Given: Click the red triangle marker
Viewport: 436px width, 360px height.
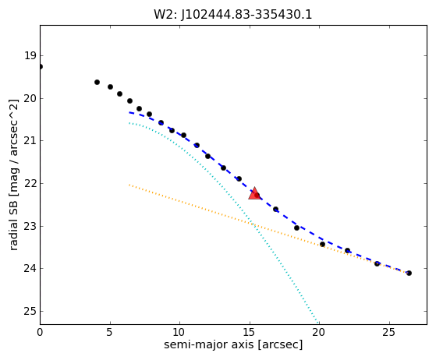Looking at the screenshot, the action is coord(254,193).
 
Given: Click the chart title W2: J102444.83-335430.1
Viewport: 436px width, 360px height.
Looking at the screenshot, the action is coord(233,15).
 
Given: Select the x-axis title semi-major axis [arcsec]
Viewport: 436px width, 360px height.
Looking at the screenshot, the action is coord(233,344).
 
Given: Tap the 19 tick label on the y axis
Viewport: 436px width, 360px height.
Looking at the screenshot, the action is coord(30,55).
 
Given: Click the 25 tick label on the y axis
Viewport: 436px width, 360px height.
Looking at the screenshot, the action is coord(30,311).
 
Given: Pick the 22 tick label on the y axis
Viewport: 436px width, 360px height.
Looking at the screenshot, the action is coord(30,183).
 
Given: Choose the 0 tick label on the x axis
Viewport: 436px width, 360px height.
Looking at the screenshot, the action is coord(40,332).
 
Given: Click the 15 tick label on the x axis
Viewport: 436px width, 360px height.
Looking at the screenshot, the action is coord(250,332).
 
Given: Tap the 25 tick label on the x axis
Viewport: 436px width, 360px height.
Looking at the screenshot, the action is coord(389,332).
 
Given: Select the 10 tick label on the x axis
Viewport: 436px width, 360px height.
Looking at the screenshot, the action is coord(179,332).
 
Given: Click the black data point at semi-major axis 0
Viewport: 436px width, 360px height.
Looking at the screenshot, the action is coord(41,67).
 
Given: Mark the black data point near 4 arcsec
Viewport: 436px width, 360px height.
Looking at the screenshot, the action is coord(97,83).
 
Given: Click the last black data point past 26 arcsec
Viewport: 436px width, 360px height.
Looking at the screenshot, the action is coord(409,273).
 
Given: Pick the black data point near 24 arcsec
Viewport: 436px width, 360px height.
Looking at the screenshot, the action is coord(377,263).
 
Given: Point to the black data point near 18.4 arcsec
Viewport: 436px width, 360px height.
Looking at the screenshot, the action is coord(296,228).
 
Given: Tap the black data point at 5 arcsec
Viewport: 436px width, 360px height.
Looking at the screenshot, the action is coord(111,87).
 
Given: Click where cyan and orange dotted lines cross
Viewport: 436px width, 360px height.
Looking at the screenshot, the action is coord(253,224).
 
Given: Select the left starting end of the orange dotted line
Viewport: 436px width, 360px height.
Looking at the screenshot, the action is coord(129,185).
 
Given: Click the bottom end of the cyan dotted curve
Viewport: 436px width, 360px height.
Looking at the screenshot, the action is coord(317,323).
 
